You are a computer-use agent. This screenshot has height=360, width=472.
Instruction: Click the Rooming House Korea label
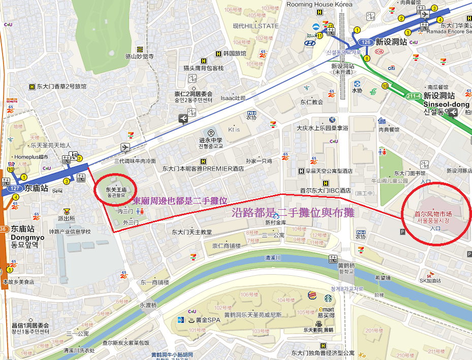click(x=319, y=4)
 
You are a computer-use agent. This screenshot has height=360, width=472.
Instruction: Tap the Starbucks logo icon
click(x=328, y=298)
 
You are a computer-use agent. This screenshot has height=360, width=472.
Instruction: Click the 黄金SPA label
click(x=207, y=320)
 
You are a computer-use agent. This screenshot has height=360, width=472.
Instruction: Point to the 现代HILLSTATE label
click(x=248, y=26)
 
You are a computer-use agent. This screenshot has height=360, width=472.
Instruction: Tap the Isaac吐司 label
click(x=233, y=97)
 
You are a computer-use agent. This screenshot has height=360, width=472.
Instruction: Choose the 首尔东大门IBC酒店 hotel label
click(x=325, y=190)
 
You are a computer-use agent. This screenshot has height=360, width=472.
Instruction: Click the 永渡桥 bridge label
click(x=148, y=305)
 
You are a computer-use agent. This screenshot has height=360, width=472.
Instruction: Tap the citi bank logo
click(x=391, y=68)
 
